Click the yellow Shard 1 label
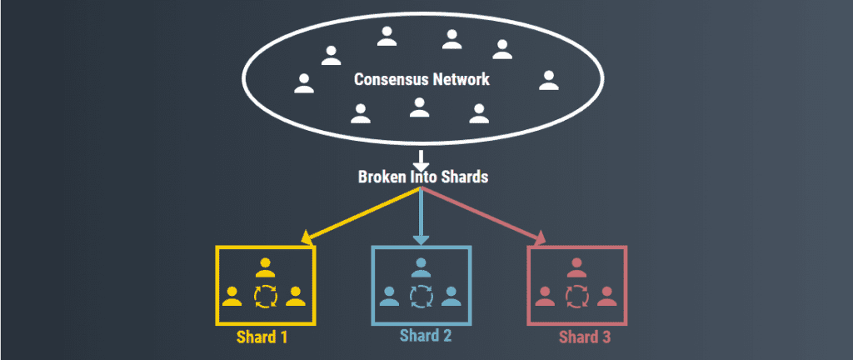pyautogui.click(x=262, y=337)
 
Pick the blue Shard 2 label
pyautogui.click(x=426, y=336)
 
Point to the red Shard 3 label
pyautogui.click(x=585, y=337)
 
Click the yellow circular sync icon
pyautogui.click(x=266, y=297)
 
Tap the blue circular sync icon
pyautogui.click(x=421, y=297)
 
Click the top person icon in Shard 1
pyautogui.click(x=266, y=267)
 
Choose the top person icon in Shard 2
pyautogui.click(x=421, y=267)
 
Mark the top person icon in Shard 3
pyautogui.click(x=576, y=267)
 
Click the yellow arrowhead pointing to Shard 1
pyautogui.click(x=307, y=237)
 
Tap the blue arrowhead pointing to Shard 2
pyautogui.click(x=421, y=239)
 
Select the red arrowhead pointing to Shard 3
pyautogui.click(x=539, y=237)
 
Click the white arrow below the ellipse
pyautogui.click(x=421, y=161)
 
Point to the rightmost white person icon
pyautogui.click(x=548, y=81)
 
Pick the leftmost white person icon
pyautogui.click(x=304, y=83)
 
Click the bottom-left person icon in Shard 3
pyautogui.click(x=545, y=296)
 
